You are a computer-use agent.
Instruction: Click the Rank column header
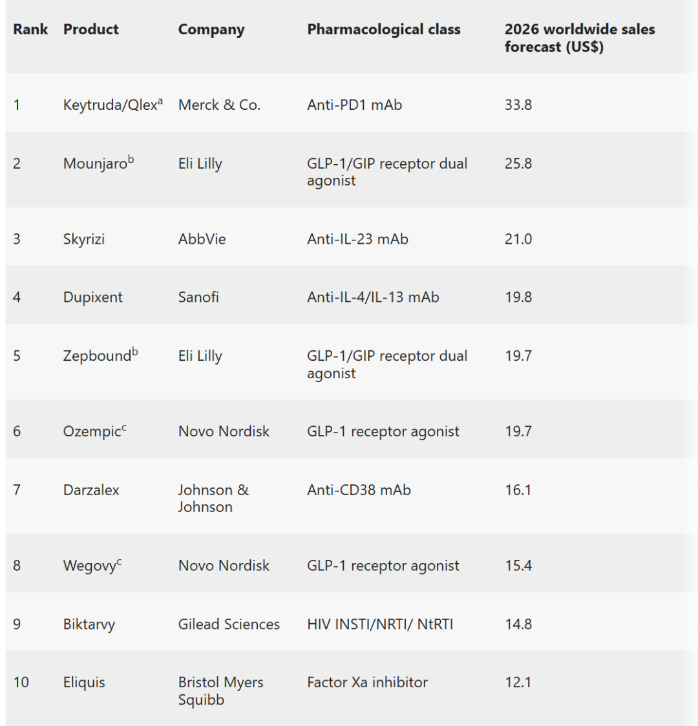point(30,29)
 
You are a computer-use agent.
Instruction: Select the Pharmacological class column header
point(384,30)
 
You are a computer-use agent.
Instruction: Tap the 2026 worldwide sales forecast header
point(580,38)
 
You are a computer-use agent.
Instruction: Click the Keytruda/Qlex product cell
point(113,104)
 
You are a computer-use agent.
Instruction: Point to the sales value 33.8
point(518,105)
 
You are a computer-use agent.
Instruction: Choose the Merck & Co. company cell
point(219,105)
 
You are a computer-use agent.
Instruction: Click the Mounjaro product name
point(99,162)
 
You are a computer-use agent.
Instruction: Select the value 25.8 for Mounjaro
point(518,164)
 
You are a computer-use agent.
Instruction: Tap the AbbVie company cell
point(202,239)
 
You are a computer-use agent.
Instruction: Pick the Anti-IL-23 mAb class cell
point(358,239)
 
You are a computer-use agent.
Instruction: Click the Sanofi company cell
point(198,297)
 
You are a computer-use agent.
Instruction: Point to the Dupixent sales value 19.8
point(518,297)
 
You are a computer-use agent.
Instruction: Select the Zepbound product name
point(100,355)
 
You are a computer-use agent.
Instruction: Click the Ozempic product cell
point(94,431)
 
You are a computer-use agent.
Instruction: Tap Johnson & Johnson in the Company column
point(213,498)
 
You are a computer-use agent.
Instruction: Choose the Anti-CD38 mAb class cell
point(359,490)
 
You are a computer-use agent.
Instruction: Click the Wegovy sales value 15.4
point(518,565)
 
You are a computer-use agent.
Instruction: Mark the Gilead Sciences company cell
point(229,624)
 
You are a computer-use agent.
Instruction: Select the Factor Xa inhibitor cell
point(368,682)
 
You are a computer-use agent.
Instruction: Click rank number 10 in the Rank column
point(21,682)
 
